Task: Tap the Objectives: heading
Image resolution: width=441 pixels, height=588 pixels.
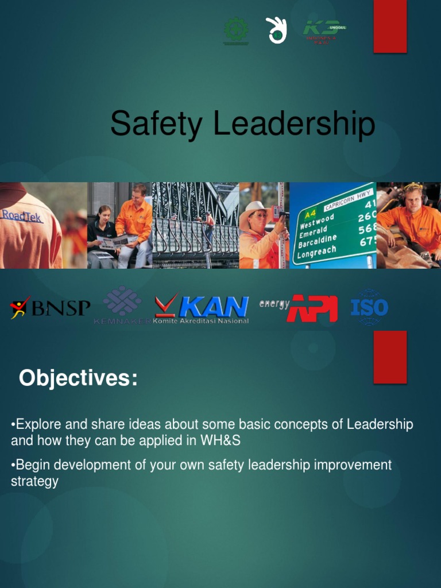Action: (78, 378)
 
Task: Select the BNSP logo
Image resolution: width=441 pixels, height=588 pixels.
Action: (51, 308)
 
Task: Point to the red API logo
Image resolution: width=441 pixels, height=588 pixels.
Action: (312, 308)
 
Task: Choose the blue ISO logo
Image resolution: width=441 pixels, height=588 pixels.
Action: (369, 308)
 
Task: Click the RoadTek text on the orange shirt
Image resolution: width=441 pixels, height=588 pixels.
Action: (22, 215)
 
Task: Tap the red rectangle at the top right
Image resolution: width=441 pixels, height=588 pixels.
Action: (390, 26)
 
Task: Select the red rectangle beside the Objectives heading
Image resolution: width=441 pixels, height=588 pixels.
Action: (390, 357)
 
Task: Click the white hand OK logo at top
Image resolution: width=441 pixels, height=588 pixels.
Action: (276, 30)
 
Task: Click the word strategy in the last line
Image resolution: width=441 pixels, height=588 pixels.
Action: (34, 481)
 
